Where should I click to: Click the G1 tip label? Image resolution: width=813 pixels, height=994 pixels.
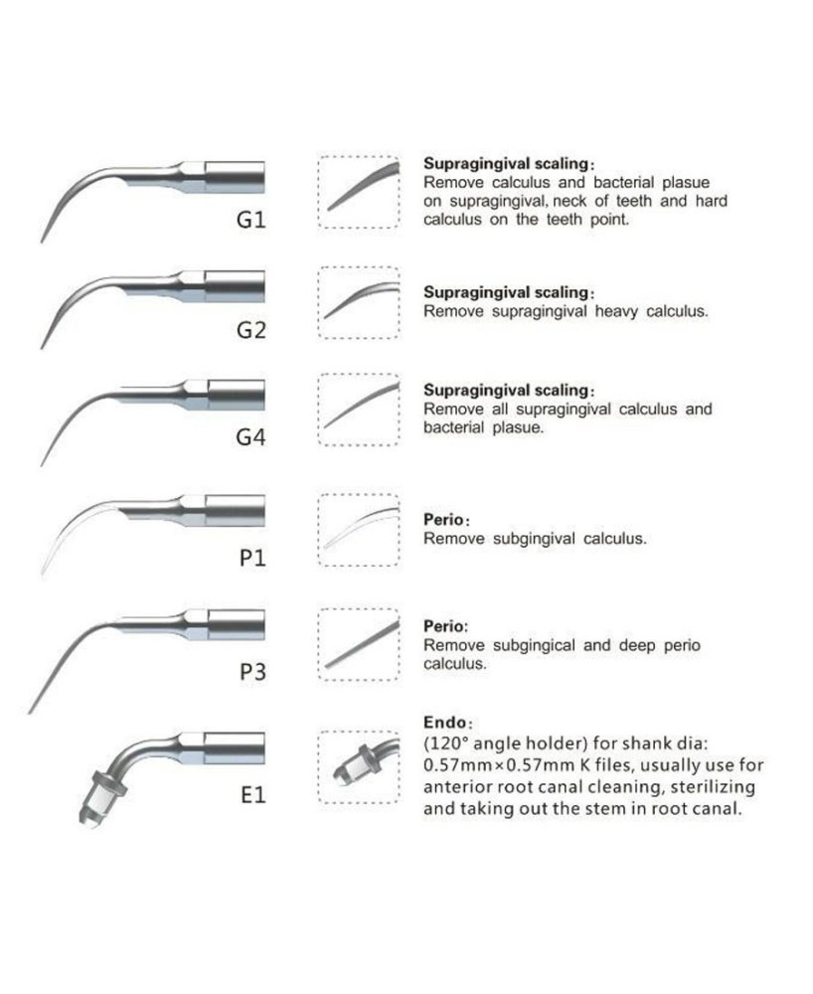coord(250,220)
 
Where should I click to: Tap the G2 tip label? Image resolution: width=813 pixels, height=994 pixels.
coord(250,330)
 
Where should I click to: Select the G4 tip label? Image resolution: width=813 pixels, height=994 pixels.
coord(250,436)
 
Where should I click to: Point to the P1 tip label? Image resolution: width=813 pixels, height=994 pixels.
coord(252,558)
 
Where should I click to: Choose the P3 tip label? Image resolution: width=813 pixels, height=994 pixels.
coord(252,671)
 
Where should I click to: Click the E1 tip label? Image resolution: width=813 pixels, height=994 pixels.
coord(252,794)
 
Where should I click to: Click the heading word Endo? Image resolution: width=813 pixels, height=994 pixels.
coord(445,722)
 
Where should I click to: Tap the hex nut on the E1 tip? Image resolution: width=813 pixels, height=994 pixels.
coord(110,785)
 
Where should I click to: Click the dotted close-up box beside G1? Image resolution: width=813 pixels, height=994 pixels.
coord(359,192)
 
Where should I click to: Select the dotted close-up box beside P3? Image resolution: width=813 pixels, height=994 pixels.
coord(359,645)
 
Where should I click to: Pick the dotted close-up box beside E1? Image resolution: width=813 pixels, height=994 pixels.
coord(359,767)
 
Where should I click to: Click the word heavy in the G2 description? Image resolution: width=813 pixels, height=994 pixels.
coord(616,312)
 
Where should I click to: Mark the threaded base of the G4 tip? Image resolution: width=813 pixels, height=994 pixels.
coord(236,395)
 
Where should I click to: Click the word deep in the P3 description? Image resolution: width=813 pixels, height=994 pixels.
coord(637,646)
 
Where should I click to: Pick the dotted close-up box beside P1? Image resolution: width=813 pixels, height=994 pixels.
coord(359,530)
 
